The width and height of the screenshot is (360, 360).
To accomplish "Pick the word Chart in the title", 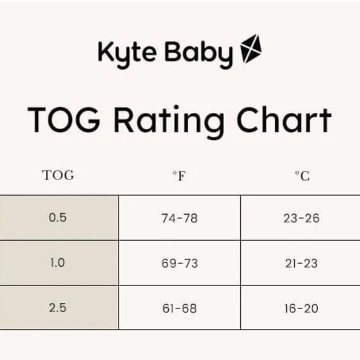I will (x=286, y=120).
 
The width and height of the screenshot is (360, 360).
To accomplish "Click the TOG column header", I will (x=58, y=175).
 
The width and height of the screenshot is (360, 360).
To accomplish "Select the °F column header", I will (x=179, y=176).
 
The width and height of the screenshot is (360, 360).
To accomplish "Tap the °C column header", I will (x=302, y=176).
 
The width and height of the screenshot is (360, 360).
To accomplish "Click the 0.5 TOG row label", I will (x=57, y=218).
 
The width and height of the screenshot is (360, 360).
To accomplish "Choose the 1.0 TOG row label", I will (x=57, y=263).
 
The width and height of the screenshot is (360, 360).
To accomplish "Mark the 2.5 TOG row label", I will (x=57, y=308).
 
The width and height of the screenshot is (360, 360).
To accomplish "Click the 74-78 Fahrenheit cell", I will (x=179, y=218).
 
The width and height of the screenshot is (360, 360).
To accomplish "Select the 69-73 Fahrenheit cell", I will (x=179, y=263).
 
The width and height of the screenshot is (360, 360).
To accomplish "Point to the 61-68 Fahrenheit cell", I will (x=179, y=308).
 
